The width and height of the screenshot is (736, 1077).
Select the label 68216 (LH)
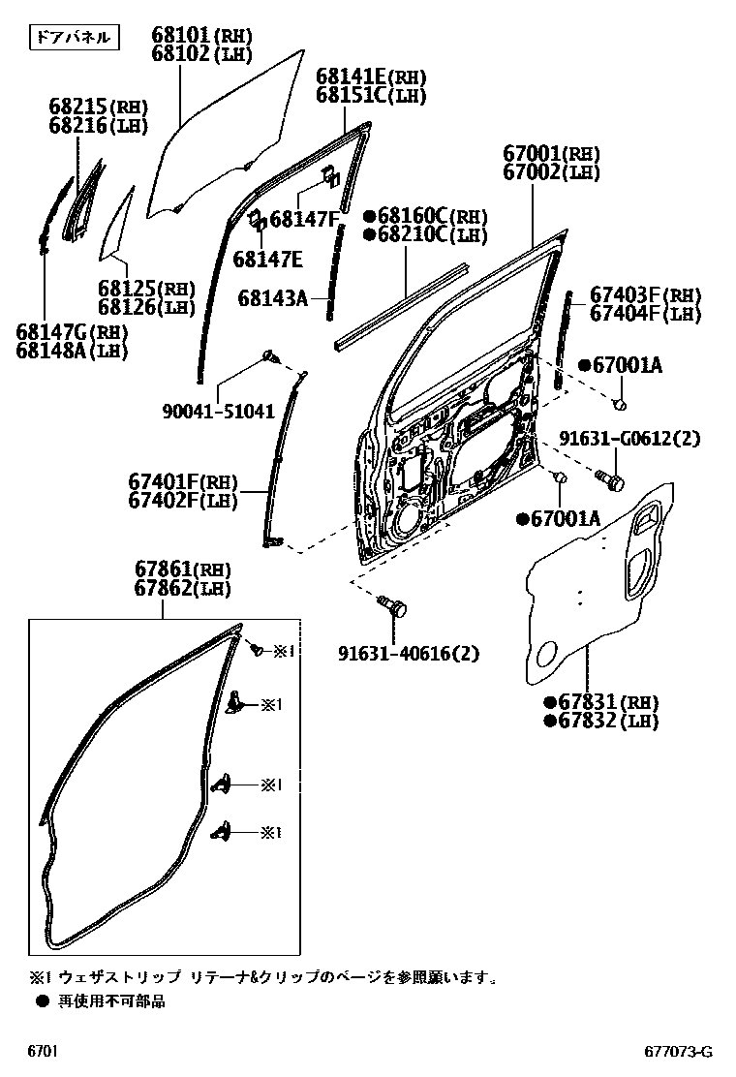point(96,125)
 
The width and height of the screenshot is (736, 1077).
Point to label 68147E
point(267,259)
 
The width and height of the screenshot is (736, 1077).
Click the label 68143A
point(272,299)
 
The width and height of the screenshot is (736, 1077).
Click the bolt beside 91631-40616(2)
point(395,608)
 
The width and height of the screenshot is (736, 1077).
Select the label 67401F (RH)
point(183,480)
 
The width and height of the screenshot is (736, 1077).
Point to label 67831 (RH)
point(600,702)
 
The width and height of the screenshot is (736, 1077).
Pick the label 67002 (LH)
point(551,172)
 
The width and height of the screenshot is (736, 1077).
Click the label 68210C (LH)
point(424,234)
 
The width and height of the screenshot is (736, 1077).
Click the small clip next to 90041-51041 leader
point(271,359)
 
